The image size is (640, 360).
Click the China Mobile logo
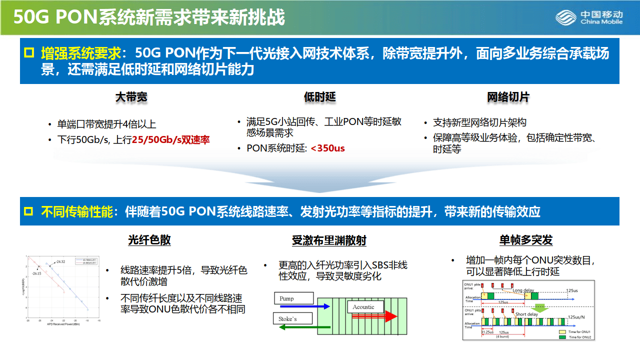[x=589, y=17]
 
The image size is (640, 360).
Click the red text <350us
[x=327, y=148]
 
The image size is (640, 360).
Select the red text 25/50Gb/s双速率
[x=171, y=140]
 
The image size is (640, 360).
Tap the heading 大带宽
[x=131, y=97]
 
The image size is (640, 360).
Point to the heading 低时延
[x=319, y=97]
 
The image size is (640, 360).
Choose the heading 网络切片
[x=508, y=97]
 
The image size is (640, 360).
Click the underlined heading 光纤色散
[x=149, y=240]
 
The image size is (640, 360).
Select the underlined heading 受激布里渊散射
[x=329, y=240]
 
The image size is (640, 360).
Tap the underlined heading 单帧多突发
[x=526, y=240]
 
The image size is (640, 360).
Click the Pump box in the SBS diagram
[x=293, y=298]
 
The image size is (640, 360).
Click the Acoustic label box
[x=366, y=307]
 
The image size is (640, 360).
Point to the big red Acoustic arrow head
[x=390, y=316]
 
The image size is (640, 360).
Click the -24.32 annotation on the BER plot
[x=60, y=262]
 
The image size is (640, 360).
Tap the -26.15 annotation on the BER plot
[x=36, y=274]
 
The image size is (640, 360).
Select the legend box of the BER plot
[x=85, y=261]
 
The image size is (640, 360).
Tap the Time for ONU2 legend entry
[x=578, y=337]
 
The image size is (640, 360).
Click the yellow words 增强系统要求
[x=80, y=52]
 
